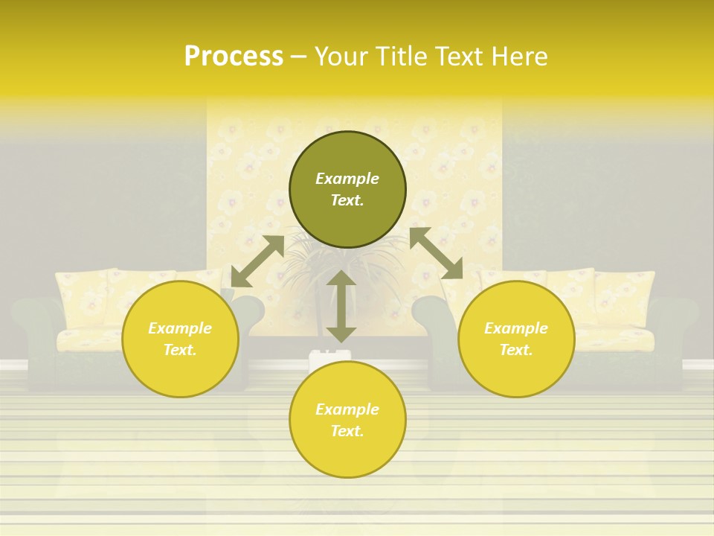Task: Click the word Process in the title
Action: tap(234, 57)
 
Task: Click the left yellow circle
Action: tap(180, 365)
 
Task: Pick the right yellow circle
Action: tap(516, 368)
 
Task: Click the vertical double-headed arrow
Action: tap(341, 306)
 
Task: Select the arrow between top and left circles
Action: tap(257, 261)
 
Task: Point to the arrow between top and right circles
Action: tap(436, 253)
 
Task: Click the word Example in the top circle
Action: tap(347, 179)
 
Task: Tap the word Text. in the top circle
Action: tap(347, 200)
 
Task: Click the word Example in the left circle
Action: tap(180, 328)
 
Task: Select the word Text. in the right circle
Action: tap(516, 350)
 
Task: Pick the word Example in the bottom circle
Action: tap(347, 409)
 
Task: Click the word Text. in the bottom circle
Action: tap(347, 431)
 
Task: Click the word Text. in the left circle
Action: tap(180, 350)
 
